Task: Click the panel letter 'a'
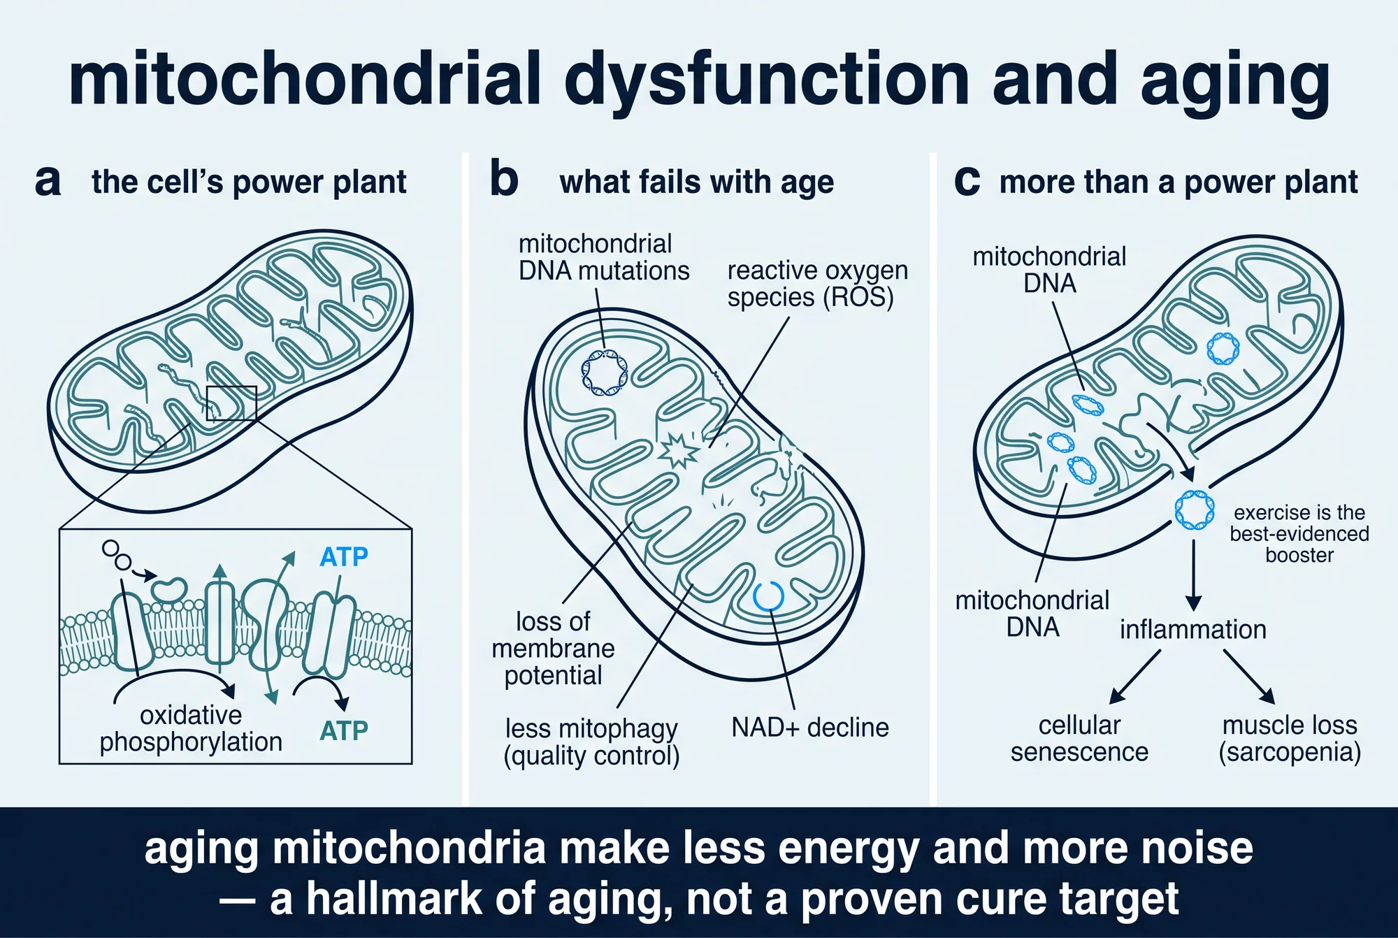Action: click(48, 182)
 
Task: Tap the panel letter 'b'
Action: click(504, 179)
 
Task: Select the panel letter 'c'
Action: click(967, 182)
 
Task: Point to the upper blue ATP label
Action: click(344, 557)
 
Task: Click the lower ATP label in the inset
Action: click(344, 730)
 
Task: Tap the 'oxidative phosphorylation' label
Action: click(191, 728)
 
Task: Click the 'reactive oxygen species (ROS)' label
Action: click(818, 284)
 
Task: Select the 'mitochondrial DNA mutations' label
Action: click(604, 257)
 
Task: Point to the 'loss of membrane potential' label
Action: click(553, 649)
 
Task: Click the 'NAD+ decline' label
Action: click(810, 728)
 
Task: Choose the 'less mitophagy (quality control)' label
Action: click(591, 742)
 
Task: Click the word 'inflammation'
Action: click(1193, 630)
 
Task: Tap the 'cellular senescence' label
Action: click(1079, 739)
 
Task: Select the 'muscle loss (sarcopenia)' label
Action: click(1290, 739)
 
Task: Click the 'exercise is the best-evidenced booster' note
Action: click(1299, 534)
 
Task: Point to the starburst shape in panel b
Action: click(678, 450)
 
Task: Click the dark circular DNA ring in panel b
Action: click(605, 372)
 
